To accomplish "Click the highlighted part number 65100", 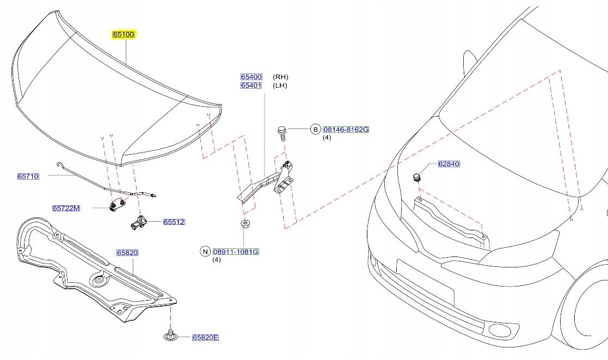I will (124, 34).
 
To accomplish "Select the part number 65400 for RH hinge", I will (251, 77).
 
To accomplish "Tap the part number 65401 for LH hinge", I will (251, 86).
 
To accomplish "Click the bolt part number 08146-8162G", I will (346, 130).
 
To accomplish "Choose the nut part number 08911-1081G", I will (236, 252).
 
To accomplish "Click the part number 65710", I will (28, 176).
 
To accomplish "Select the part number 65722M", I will (66, 208).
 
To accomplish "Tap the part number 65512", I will (174, 222).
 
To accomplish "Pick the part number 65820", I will (127, 253).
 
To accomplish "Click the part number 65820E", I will (205, 338).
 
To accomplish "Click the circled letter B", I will (315, 130).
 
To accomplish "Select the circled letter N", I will (205, 252).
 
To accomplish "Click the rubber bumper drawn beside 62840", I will (417, 178).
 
